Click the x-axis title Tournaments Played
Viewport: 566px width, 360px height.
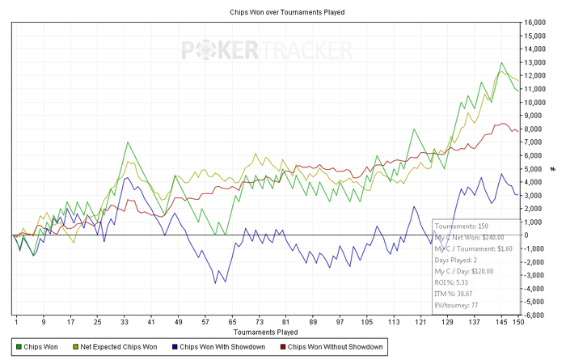266,332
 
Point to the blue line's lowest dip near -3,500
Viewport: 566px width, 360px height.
216,282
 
